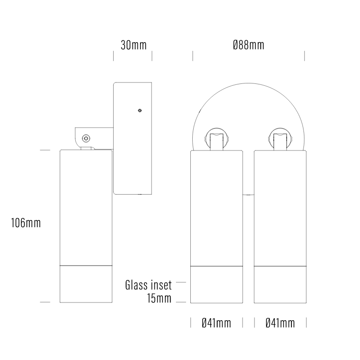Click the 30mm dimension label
pyautogui.click(x=133, y=46)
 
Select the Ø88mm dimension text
pyautogui.click(x=248, y=46)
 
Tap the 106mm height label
pyautogui.click(x=26, y=223)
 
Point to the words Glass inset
pyautogui.click(x=148, y=286)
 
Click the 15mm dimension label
pyautogui.click(x=160, y=299)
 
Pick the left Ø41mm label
pyautogui.click(x=216, y=323)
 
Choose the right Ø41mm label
pyautogui.click(x=280, y=323)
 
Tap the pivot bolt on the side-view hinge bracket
pyautogui.click(x=85, y=138)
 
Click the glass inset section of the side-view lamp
pyautogui.click(x=86, y=284)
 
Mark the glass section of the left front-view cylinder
pyautogui.click(x=216, y=284)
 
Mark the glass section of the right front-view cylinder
pyautogui.click(x=280, y=284)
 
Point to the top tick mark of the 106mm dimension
pyautogui.click(x=45, y=150)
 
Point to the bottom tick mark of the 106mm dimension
pyautogui.click(x=45, y=302)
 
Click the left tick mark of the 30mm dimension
pyautogui.click(x=114, y=56)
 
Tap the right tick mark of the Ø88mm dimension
pyautogui.click(x=304, y=56)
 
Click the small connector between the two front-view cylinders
pyautogui.click(x=248, y=195)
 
